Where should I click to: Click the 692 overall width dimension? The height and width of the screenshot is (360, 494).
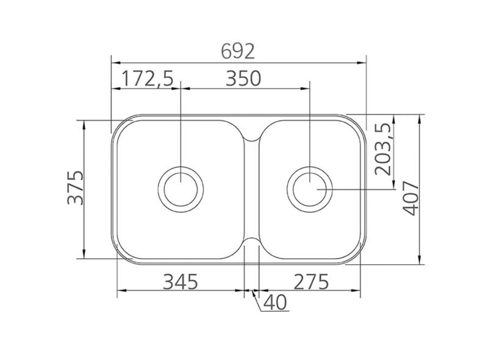click(x=237, y=52)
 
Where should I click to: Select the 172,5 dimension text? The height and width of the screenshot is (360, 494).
click(x=147, y=79)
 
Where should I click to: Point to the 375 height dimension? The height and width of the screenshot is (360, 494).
click(x=74, y=188)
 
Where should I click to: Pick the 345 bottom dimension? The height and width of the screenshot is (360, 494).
click(x=181, y=281)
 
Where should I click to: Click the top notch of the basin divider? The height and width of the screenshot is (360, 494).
click(x=251, y=138)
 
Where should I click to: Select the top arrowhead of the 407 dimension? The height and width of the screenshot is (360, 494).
click(x=420, y=118)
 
